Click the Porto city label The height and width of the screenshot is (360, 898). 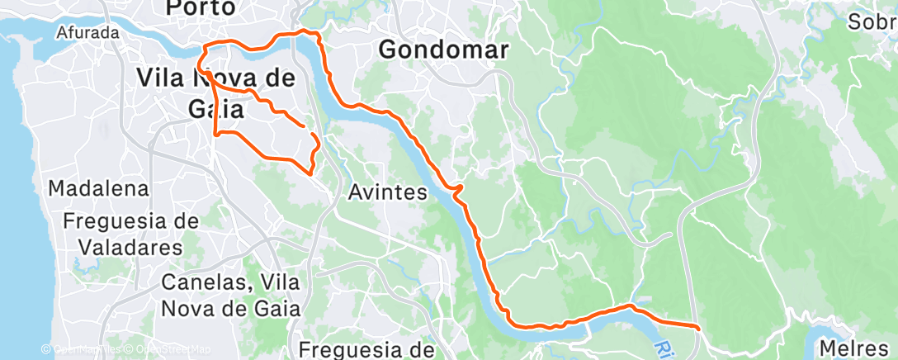[201, 8]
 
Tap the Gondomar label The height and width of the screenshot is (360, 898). [443, 50]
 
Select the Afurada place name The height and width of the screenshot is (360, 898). [88, 34]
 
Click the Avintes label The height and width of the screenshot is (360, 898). [387, 194]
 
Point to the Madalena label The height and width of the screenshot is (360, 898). [98, 189]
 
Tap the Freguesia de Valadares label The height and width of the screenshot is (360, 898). [130, 234]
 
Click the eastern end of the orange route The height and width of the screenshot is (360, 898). [698, 328]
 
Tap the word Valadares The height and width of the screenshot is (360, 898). [131, 247]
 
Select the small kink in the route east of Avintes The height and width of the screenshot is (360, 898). [457, 191]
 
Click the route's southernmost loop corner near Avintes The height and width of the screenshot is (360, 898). [310, 173]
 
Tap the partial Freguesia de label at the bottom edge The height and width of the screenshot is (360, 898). [367, 350]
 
